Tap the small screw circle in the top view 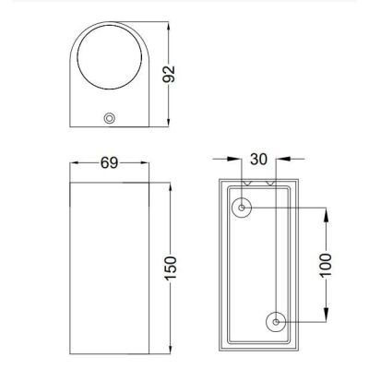pos(110,118)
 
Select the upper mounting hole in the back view pos(243,208)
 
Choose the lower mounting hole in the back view pos(278,322)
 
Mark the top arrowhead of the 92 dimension pos(168,31)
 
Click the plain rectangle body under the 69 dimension pos(110,268)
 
